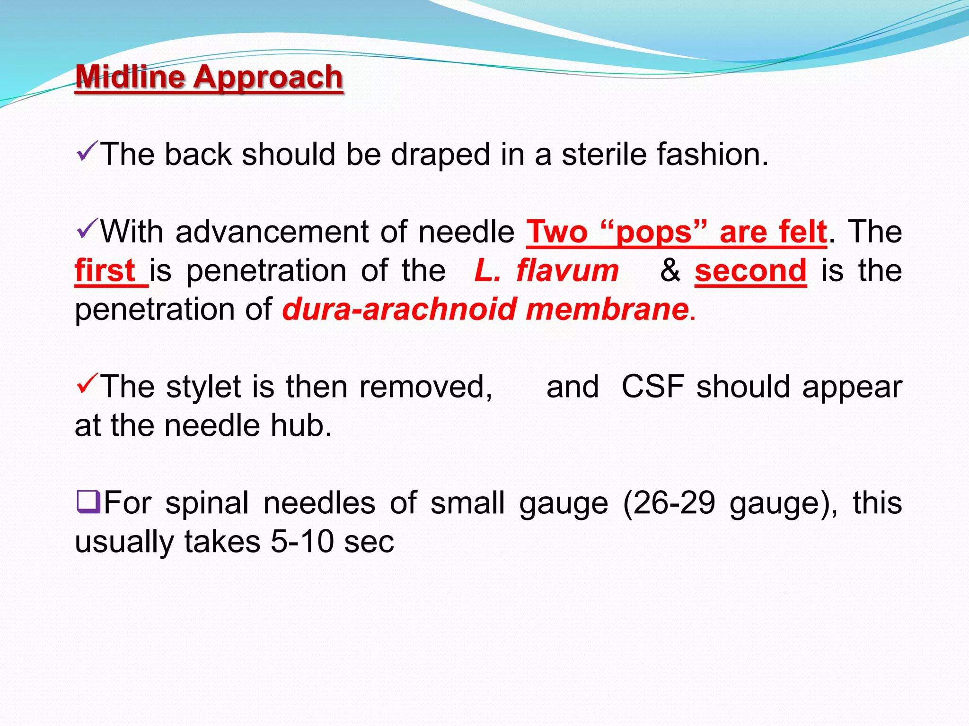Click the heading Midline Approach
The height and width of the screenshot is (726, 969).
(x=209, y=77)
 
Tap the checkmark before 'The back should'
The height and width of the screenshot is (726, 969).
(x=87, y=151)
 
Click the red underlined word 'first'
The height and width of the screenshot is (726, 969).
(x=106, y=271)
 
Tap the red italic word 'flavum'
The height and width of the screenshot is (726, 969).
(x=567, y=271)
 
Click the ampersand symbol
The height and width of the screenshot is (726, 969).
(x=670, y=270)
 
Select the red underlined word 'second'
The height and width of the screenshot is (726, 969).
(x=750, y=271)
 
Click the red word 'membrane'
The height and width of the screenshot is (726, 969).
(x=607, y=310)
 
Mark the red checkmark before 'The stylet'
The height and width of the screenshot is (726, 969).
(x=87, y=383)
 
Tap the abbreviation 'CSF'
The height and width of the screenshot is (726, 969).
(x=653, y=387)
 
